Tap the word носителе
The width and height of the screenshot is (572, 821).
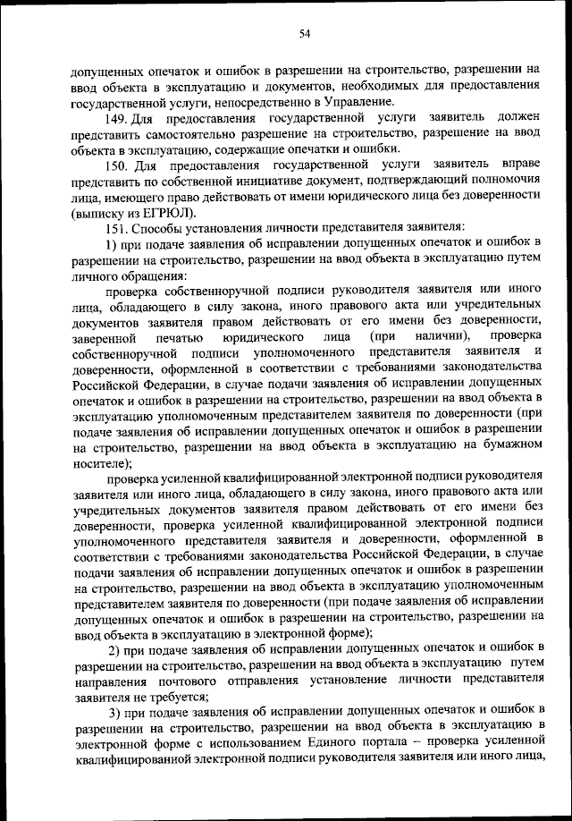point(97,461)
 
